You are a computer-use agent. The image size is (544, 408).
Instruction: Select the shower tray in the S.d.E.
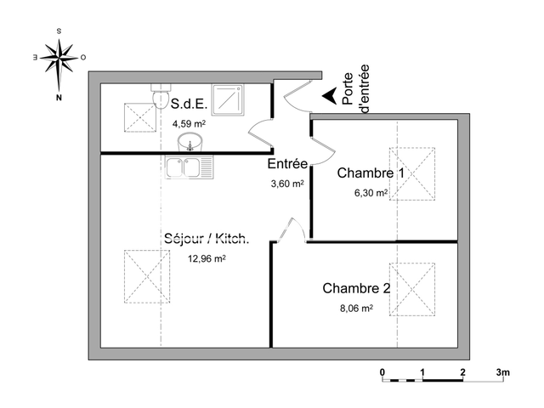point(228,100)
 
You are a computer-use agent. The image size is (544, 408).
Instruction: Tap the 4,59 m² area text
point(189,123)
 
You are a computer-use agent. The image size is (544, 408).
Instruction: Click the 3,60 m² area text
point(286,182)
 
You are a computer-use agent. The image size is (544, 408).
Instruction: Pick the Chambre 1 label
point(371,173)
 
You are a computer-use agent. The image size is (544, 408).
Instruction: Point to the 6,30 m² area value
point(371,193)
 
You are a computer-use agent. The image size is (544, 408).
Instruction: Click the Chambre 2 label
point(356,288)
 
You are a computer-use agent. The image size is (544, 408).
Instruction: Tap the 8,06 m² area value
point(356,309)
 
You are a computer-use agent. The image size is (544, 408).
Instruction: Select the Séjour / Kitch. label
point(207,239)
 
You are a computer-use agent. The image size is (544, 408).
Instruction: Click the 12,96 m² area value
point(207,259)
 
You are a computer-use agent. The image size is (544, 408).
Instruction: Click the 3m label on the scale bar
point(503,372)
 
